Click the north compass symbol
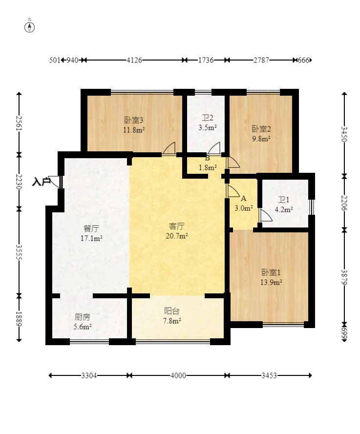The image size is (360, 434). click(x=30, y=27)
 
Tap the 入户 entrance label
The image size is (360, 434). click(x=41, y=182)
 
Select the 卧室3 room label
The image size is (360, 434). click(x=134, y=120)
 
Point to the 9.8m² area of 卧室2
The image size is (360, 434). click(x=261, y=139)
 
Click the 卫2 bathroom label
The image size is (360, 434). click(x=208, y=118)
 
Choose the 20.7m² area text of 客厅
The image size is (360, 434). click(x=177, y=236)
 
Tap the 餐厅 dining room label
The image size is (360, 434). click(x=91, y=228)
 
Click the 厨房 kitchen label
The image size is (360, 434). click(x=83, y=317)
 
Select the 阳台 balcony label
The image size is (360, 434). click(x=171, y=311)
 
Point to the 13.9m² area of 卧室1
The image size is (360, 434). click(x=271, y=282)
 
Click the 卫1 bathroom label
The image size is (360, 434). click(x=284, y=200)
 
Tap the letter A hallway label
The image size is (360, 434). click(x=243, y=199)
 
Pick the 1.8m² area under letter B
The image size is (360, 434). click(x=208, y=167)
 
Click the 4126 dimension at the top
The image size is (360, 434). click(x=134, y=60)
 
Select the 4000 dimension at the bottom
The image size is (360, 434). click(x=178, y=375)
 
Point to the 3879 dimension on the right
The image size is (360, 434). click(x=344, y=277)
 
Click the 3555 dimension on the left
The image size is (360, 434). click(x=19, y=252)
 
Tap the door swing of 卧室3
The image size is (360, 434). click(x=169, y=148)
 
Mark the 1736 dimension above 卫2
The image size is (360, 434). click(x=206, y=60)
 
